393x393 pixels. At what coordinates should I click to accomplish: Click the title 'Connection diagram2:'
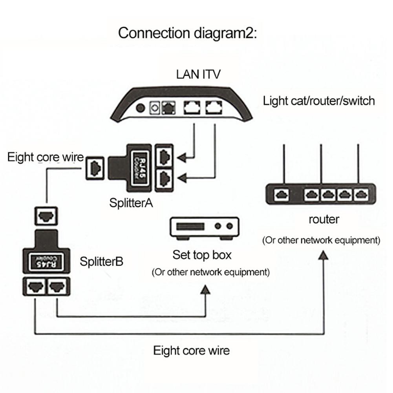[x=187, y=33]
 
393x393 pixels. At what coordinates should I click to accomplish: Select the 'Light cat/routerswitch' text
[x=319, y=101]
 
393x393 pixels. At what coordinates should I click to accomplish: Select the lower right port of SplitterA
[x=164, y=179]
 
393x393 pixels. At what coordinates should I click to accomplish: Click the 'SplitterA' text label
[x=131, y=203]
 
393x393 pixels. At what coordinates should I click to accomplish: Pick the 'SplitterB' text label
[x=102, y=261]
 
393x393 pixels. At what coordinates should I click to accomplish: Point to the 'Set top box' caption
[x=202, y=255]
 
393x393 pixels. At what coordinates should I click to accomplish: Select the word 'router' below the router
[x=324, y=219]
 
